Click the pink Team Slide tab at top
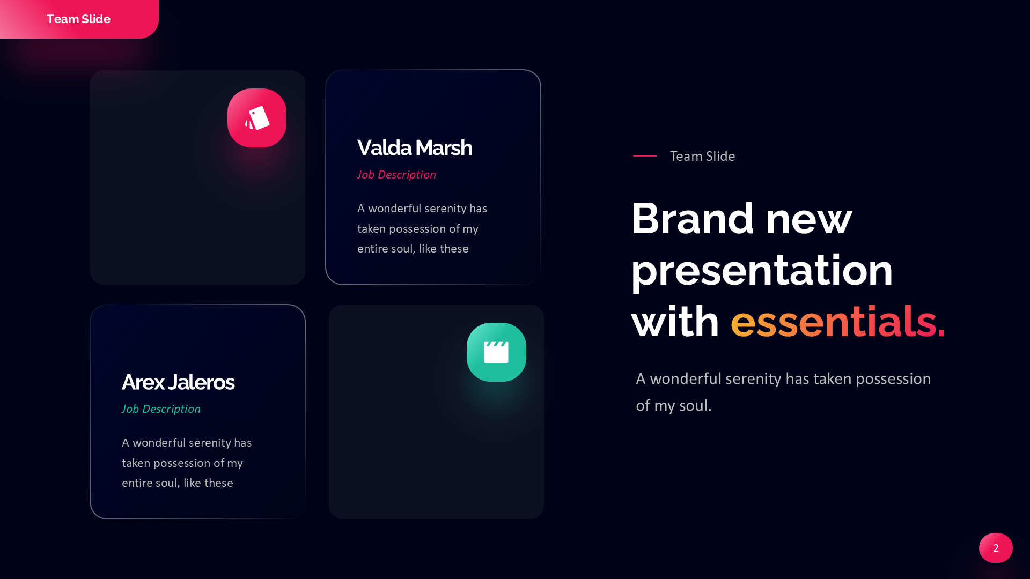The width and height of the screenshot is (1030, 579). (79, 19)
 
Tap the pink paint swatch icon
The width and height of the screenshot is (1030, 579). (257, 118)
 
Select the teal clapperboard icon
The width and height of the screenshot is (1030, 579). (496, 352)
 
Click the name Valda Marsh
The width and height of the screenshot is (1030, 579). (415, 148)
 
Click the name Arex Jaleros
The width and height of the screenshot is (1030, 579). (178, 382)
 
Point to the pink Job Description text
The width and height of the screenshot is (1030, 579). (396, 175)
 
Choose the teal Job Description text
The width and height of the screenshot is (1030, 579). (161, 409)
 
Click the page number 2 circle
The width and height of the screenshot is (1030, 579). (996, 548)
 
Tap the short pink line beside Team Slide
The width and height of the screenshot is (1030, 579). (645, 155)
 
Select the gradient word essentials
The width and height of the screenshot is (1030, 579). (838, 321)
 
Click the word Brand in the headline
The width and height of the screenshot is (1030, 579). (693, 218)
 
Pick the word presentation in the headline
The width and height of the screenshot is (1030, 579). (762, 271)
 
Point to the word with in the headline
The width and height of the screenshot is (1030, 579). (675, 321)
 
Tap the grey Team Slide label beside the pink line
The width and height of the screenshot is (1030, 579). (702, 156)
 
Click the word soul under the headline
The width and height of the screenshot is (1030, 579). (695, 406)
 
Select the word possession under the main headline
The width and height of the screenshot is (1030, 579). (893, 380)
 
